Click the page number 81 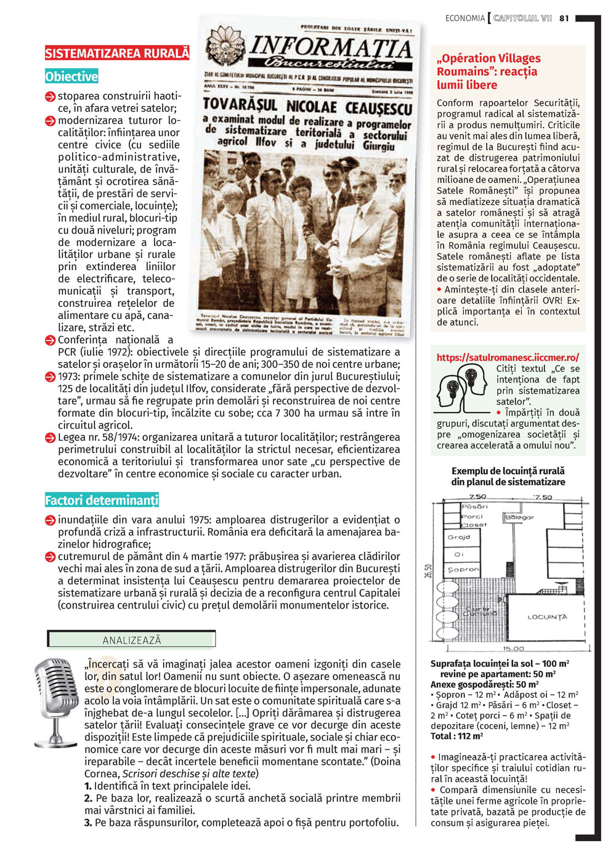pyautogui.click(x=564, y=18)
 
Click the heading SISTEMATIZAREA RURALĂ pyautogui.click(x=117, y=54)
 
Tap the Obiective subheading pyautogui.click(x=71, y=77)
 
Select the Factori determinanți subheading pyautogui.click(x=102, y=501)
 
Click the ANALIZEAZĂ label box pyautogui.click(x=131, y=640)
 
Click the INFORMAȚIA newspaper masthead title pyautogui.click(x=331, y=48)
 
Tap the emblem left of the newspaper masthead pyautogui.click(x=224, y=48)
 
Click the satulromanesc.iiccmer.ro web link pyautogui.click(x=508, y=358)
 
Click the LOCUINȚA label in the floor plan pyautogui.click(x=547, y=616)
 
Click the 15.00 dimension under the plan pyautogui.click(x=513, y=648)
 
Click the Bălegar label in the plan pyautogui.click(x=519, y=518)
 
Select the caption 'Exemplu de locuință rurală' pyautogui.click(x=508, y=471)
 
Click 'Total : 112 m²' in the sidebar pyautogui.click(x=456, y=736)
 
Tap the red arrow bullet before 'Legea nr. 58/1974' pyautogui.click(x=51, y=438)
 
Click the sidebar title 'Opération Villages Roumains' pyautogui.click(x=488, y=71)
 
